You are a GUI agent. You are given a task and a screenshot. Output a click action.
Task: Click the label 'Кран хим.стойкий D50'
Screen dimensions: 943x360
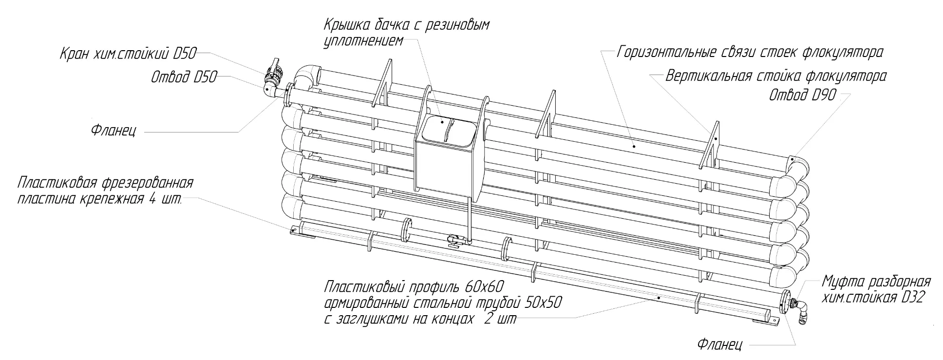(128, 53)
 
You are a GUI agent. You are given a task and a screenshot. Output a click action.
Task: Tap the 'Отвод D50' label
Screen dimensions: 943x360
(184, 77)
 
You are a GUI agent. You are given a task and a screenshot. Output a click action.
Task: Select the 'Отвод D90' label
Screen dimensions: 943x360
(803, 95)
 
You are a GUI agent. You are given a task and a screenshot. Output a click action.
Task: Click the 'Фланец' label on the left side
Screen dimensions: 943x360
(113, 132)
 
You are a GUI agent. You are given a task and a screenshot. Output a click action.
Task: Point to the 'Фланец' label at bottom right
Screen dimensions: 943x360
(720, 345)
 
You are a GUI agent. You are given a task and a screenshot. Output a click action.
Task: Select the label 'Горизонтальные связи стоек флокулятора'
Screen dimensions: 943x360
(750, 52)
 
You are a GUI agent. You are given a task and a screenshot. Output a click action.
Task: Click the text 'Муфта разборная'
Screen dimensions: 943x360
(876, 282)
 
